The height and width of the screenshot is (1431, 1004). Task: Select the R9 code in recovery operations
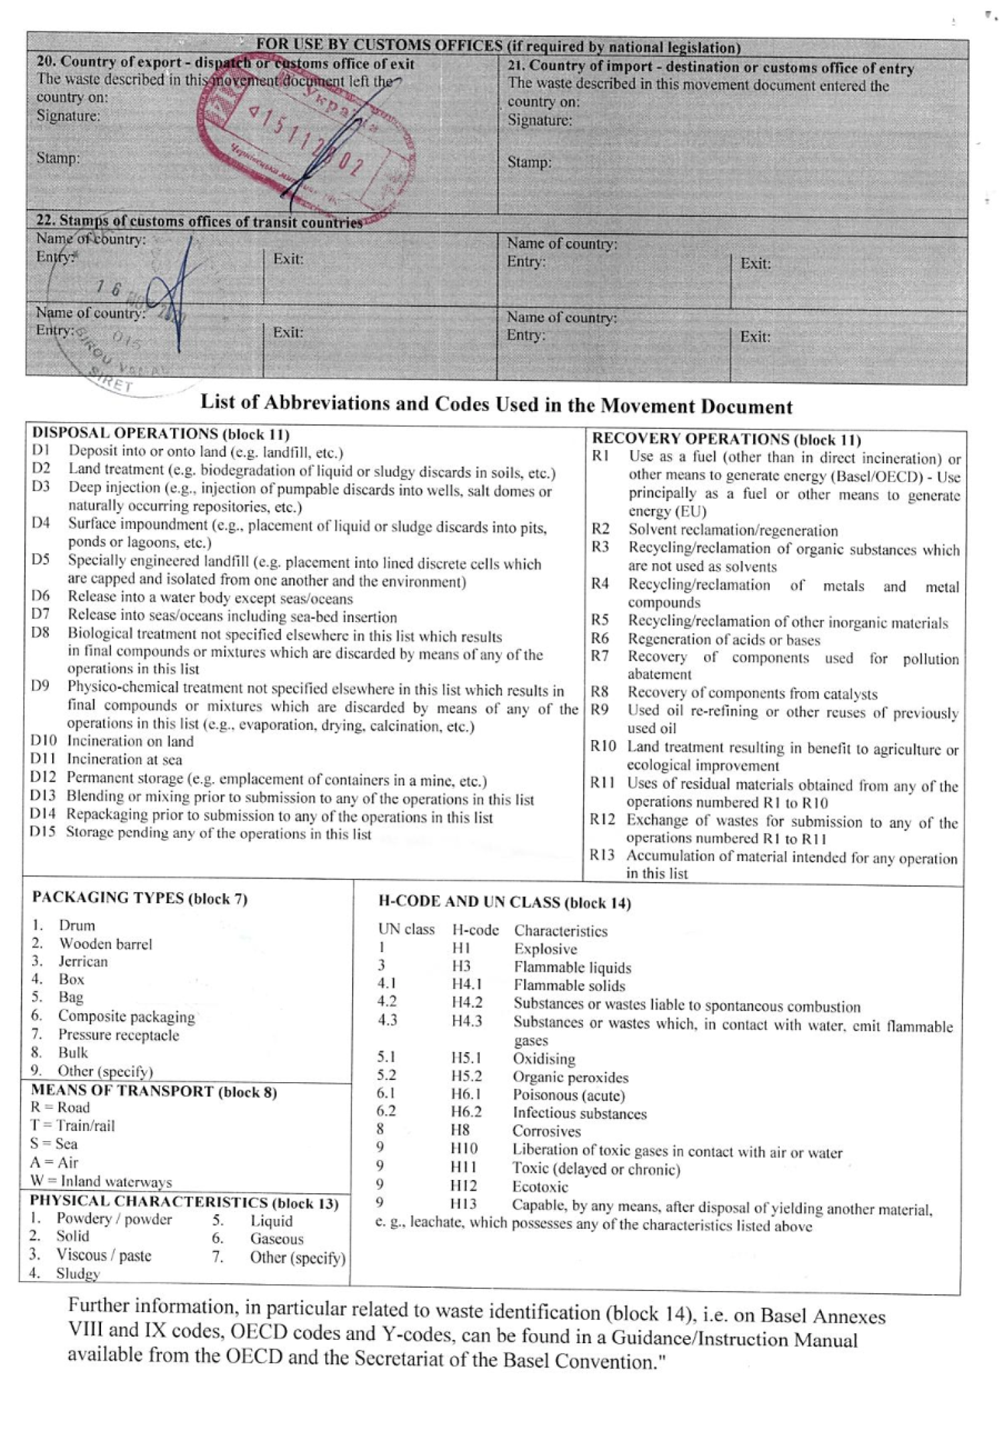pos(600,710)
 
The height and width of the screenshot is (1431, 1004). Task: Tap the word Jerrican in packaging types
pos(83,962)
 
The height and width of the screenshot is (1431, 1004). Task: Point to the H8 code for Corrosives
pos(461,1131)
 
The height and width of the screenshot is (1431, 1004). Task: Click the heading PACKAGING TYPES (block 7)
pos(140,899)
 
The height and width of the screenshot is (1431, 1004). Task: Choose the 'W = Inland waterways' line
pos(100,1181)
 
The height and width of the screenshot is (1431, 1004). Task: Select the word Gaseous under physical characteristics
pos(276,1239)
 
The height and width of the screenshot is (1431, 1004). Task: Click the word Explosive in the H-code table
pos(546,949)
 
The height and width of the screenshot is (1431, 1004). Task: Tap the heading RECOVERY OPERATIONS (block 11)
pos(726,440)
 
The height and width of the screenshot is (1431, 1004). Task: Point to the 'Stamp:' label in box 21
pos(529,163)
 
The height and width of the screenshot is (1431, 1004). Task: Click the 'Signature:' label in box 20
pos(68,116)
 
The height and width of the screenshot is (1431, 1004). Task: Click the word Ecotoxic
pos(540,1187)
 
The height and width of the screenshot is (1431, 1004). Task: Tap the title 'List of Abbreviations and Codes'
pos(496,404)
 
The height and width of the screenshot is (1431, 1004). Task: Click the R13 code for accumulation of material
pos(602,856)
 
